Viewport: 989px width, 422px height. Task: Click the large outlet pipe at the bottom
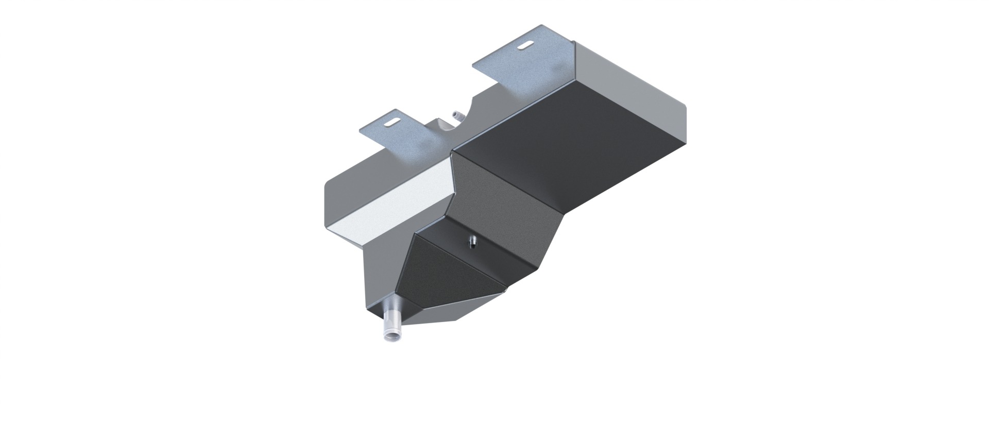(x=391, y=325)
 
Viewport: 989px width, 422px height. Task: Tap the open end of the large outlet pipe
(x=390, y=336)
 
